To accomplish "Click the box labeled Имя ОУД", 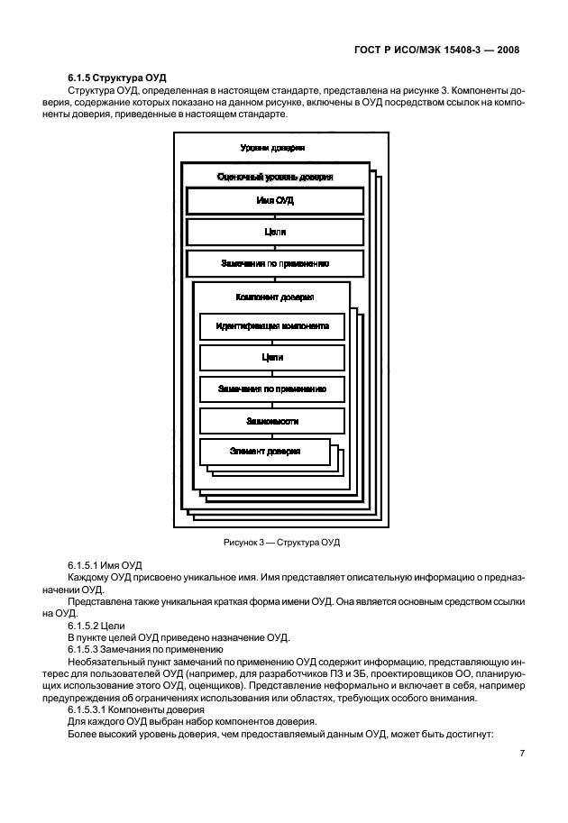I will coord(275,200).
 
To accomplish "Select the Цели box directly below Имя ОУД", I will coord(275,232).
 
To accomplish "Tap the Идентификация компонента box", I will coord(271,325).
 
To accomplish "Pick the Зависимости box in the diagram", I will coord(271,421).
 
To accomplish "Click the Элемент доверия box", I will coord(264,451).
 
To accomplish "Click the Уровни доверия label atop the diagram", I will coord(272,147).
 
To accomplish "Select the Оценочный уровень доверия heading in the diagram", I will coord(275,178).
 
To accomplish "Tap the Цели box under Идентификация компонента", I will coord(271,357).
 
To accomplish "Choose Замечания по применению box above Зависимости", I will coord(271,389).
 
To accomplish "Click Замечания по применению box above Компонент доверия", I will coord(275,263).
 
